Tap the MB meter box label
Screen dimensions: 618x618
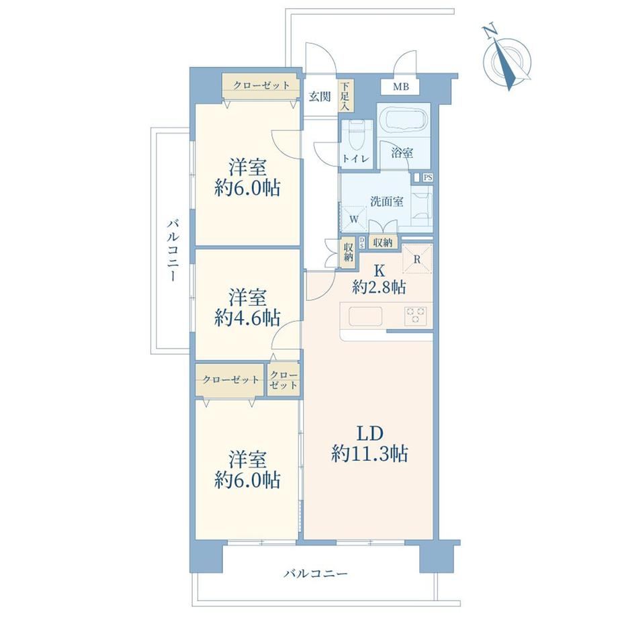[x=400, y=87]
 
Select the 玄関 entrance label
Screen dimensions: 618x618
[x=320, y=96]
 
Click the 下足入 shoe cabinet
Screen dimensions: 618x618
[x=346, y=96]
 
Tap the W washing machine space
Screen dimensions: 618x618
[x=353, y=219]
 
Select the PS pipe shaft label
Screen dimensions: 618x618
[x=428, y=178]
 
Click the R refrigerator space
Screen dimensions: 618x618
[x=417, y=259]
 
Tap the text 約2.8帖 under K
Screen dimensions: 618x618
[x=379, y=288]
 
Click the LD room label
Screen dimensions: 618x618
[x=369, y=433]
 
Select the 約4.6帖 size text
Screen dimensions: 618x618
[x=247, y=318]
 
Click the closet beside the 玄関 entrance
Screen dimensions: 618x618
[x=260, y=85]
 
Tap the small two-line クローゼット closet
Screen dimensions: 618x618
[x=283, y=380]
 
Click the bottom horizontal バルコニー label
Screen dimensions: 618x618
[x=316, y=573]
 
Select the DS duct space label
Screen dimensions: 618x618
[x=362, y=242]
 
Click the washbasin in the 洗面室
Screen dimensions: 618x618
[x=422, y=206]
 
